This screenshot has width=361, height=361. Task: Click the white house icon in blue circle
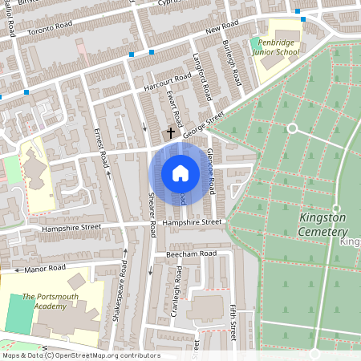click(x=180, y=173)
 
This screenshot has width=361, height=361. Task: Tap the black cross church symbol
click(x=170, y=132)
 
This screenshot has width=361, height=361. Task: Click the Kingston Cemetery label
click(x=322, y=224)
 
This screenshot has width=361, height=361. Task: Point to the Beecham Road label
click(x=192, y=253)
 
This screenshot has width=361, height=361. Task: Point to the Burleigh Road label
click(x=233, y=63)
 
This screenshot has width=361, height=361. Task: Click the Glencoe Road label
click(x=210, y=170)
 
